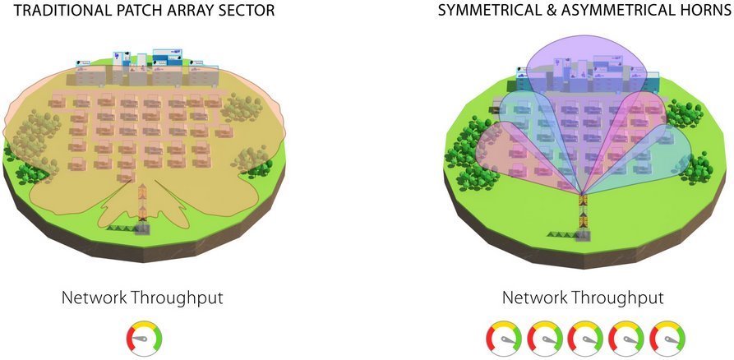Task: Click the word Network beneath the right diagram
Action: coord(533,298)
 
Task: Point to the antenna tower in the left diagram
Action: coord(142,205)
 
